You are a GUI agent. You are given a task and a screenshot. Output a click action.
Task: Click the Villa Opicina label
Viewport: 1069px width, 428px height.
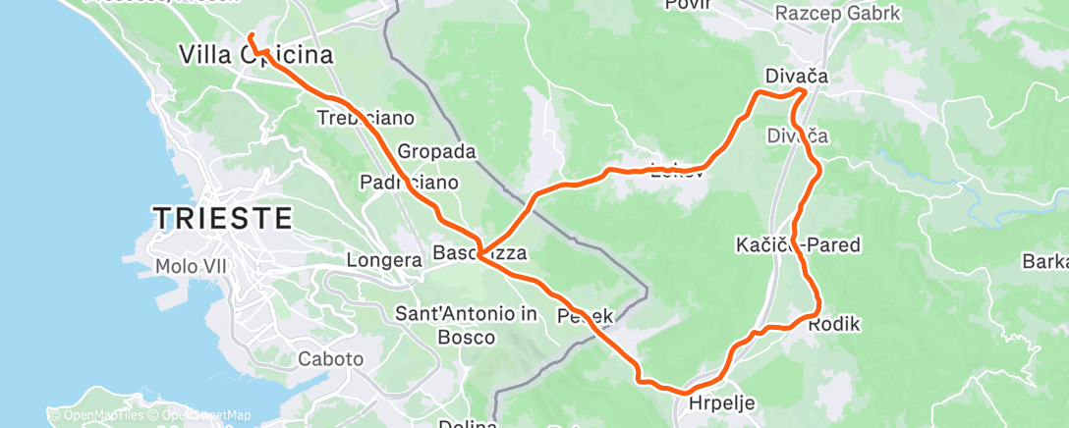tap(254, 55)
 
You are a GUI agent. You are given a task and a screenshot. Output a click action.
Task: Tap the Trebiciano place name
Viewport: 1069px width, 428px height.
tap(366, 118)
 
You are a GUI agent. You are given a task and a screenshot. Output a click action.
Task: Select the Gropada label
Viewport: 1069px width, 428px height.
tap(436, 152)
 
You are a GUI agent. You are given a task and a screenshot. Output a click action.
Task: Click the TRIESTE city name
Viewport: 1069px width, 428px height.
tap(222, 218)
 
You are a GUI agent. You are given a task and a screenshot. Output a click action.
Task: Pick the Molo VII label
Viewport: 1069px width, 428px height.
tap(194, 265)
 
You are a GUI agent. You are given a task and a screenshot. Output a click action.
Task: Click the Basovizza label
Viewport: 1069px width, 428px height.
tap(480, 253)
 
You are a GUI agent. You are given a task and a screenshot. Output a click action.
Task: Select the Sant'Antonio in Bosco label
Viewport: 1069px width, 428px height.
tap(466, 325)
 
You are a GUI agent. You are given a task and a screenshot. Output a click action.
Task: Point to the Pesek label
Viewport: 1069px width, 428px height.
tap(586, 316)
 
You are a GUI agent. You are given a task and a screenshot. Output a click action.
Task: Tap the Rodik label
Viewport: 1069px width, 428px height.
tap(834, 323)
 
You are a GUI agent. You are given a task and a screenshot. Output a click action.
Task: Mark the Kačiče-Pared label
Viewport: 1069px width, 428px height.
tap(798, 244)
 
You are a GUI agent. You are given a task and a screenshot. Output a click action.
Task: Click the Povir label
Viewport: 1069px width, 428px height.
tap(687, 5)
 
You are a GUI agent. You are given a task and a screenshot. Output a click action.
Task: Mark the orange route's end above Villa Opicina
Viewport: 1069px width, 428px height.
tap(250, 36)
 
